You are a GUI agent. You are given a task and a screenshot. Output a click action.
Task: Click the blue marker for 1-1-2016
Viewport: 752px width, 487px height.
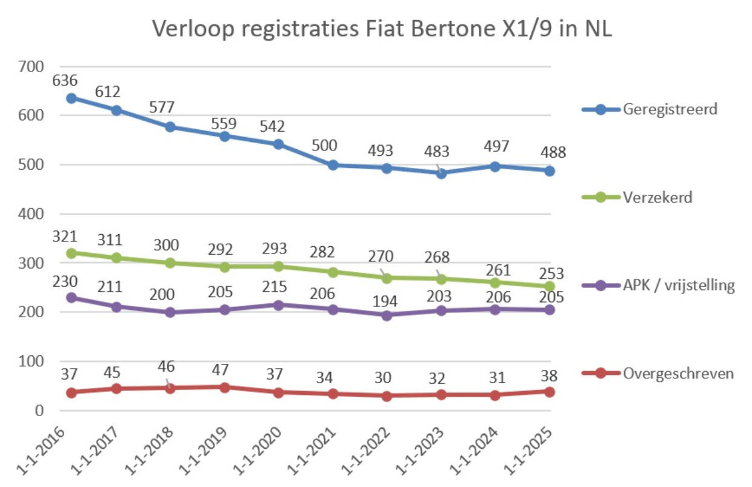coord(72,98)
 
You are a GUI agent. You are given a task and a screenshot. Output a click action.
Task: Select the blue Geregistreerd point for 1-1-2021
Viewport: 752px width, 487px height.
coord(333,165)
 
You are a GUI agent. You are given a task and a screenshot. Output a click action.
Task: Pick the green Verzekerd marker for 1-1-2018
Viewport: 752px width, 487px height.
coord(170,263)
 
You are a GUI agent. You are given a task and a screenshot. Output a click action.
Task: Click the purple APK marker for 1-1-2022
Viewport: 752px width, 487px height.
coord(387,315)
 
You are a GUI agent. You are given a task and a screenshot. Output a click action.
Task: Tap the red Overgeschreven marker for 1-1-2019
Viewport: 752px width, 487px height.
coord(224,388)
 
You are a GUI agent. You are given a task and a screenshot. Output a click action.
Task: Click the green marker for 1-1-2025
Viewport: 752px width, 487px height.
coord(549,286)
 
